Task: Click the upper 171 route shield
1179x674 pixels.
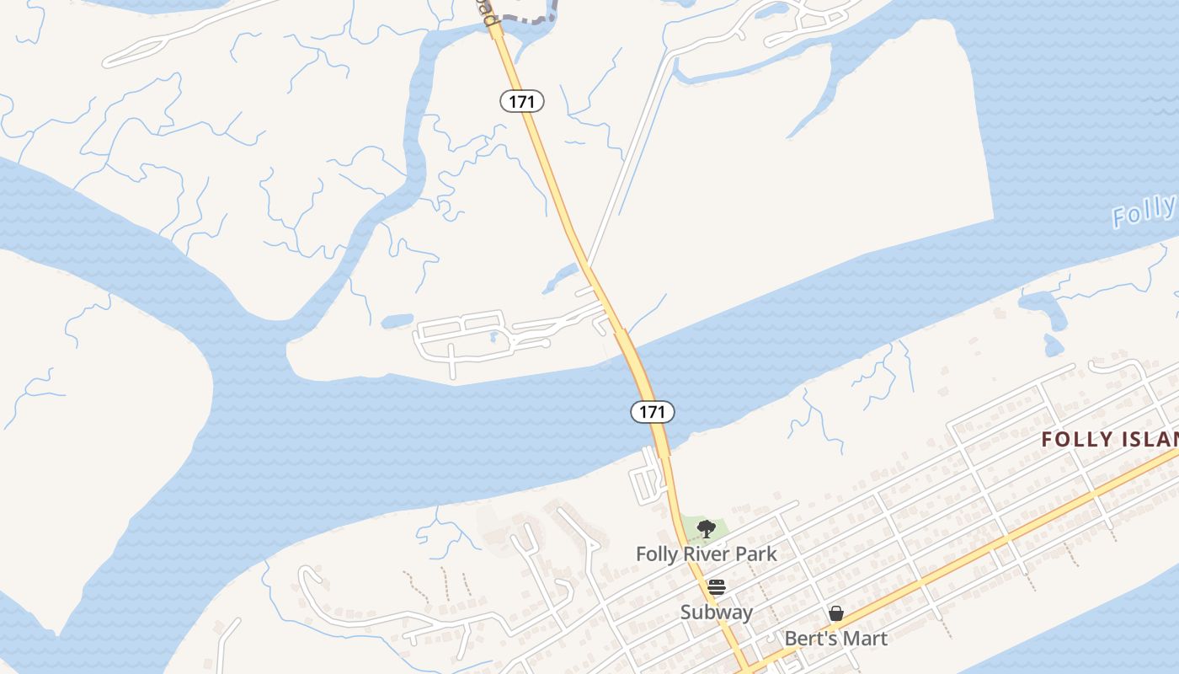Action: coord(522,101)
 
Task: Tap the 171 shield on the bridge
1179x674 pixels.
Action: coord(652,412)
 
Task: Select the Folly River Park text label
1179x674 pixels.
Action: coord(706,554)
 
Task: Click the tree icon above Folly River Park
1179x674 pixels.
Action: coord(706,529)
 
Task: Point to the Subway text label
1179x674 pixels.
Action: coord(716,612)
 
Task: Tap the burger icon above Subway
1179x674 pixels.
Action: coord(716,586)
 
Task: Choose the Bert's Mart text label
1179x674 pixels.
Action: coord(835,639)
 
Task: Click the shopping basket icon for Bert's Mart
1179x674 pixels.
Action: coord(835,613)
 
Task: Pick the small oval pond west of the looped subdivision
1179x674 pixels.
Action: coord(397,321)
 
